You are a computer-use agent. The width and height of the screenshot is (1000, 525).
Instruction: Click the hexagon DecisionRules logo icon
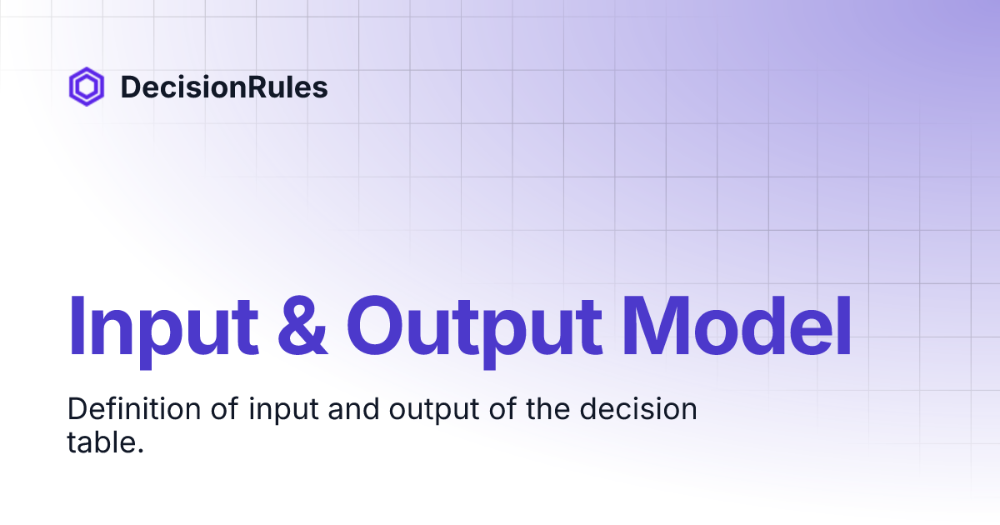(86, 87)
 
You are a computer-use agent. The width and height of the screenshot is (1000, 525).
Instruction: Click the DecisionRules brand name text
(223, 87)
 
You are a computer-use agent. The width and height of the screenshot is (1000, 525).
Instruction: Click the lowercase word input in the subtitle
(272, 412)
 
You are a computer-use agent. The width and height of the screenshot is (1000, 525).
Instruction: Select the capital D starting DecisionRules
(130, 87)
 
